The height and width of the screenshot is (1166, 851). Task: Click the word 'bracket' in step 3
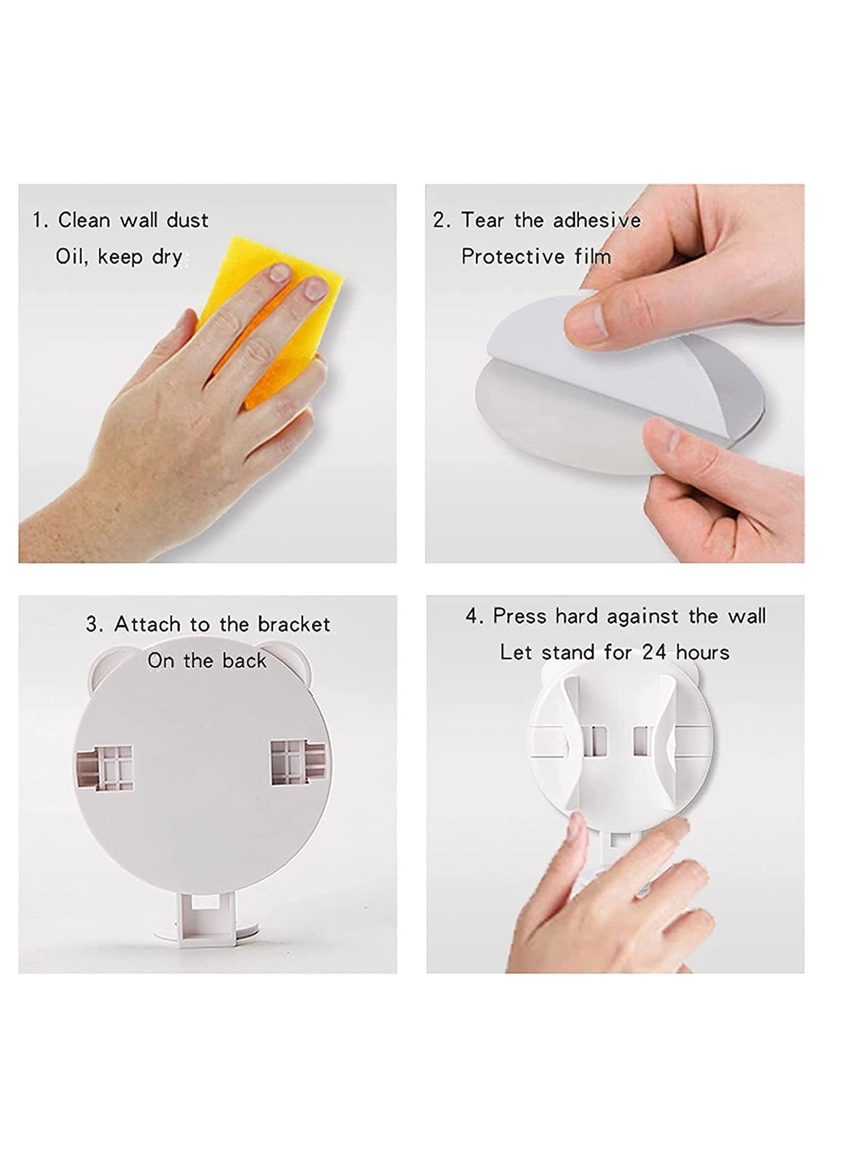tap(294, 625)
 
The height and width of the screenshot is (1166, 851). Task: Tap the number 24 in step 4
tap(654, 653)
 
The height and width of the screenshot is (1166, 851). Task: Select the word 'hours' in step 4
tap(702, 653)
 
